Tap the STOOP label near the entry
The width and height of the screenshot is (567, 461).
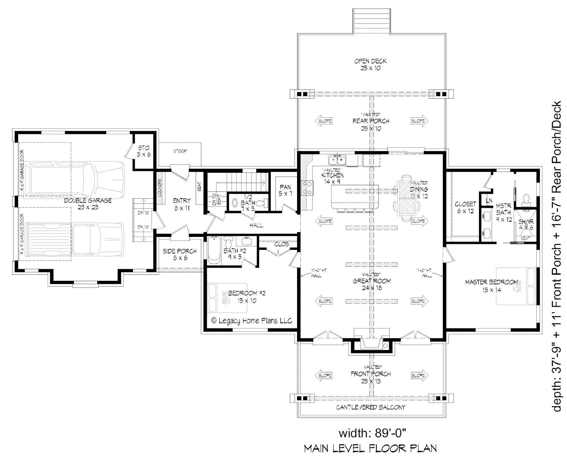pyautogui.click(x=180, y=151)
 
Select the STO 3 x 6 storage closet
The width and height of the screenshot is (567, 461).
pyautogui.click(x=144, y=151)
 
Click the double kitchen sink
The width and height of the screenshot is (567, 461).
pyautogui.click(x=337, y=160)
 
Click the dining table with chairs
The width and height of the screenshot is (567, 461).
pyautogui.click(x=406, y=198)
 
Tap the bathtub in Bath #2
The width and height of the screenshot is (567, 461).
pyautogui.click(x=214, y=250)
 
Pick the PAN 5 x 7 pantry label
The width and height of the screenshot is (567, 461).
pyautogui.click(x=285, y=190)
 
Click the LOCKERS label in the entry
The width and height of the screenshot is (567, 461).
pyautogui.click(x=160, y=188)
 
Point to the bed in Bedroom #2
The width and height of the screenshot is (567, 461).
pyautogui.click(x=227, y=298)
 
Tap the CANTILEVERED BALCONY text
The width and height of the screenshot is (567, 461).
pyautogui.click(x=370, y=407)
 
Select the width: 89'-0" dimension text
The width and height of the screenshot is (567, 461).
pyautogui.click(x=372, y=433)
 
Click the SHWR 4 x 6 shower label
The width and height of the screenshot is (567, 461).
pyautogui.click(x=525, y=224)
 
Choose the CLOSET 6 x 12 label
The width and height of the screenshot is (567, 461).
pyautogui.click(x=465, y=207)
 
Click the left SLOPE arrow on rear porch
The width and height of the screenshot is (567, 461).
pyautogui.click(x=323, y=121)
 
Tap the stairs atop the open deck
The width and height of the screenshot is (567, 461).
pyautogui.click(x=372, y=21)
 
